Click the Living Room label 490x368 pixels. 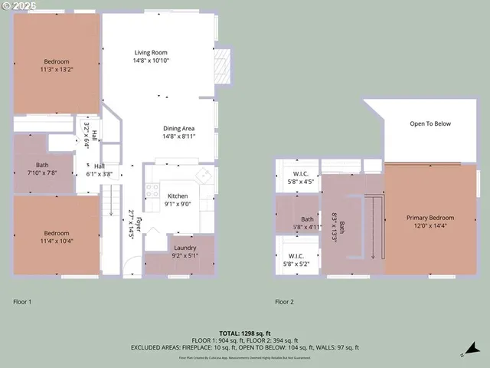pos(151,52)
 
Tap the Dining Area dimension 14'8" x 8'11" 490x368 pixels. pos(178,136)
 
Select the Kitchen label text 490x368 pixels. pos(178,196)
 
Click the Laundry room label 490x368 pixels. pos(185,248)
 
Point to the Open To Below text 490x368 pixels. pos(430,123)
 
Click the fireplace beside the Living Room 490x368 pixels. pos(222,66)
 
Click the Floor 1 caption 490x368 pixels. pos(23,301)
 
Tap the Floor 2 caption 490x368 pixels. pos(284,301)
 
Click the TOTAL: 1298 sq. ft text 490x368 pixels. pos(245,333)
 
